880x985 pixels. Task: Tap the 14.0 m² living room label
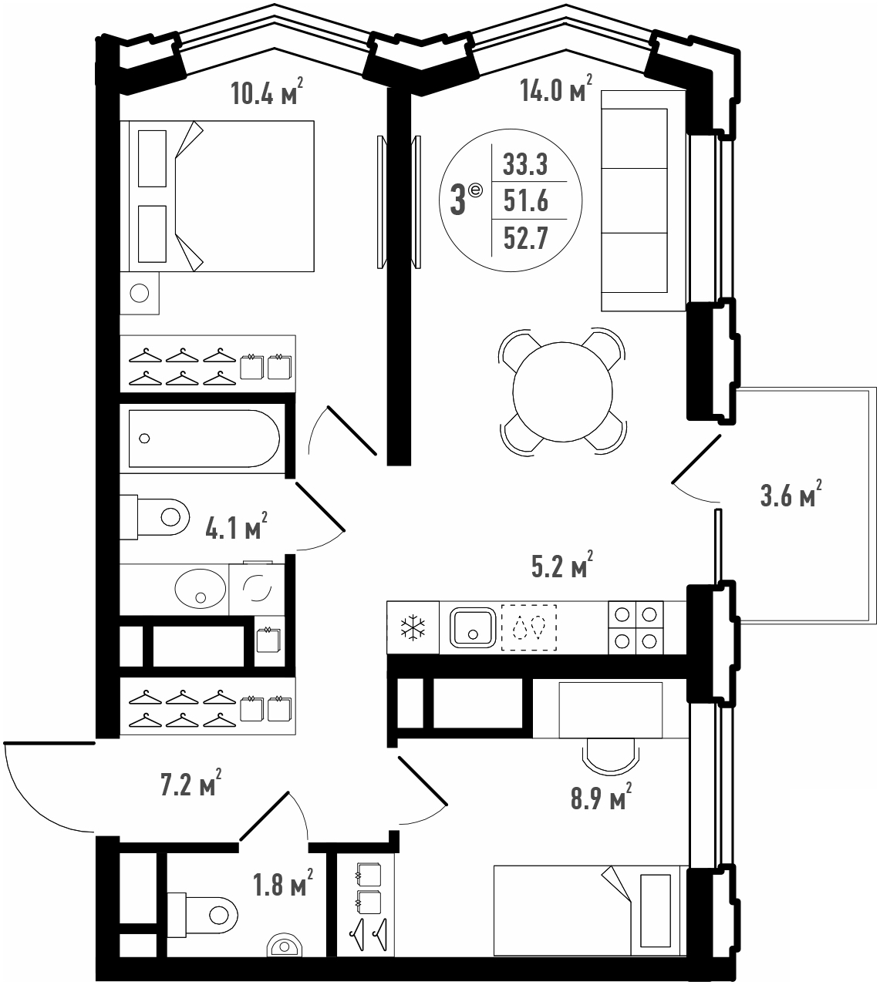click(x=556, y=89)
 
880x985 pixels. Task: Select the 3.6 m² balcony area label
click(x=791, y=493)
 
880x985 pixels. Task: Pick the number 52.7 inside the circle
click(x=526, y=238)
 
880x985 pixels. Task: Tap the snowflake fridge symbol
click(x=413, y=627)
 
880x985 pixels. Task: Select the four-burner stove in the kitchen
click(x=636, y=627)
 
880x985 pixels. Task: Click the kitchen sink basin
click(x=473, y=627)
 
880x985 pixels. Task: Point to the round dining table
click(x=562, y=392)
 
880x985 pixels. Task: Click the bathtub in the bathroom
click(x=204, y=439)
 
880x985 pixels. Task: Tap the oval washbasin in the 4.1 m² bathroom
click(x=201, y=588)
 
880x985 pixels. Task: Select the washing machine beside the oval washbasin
click(x=257, y=588)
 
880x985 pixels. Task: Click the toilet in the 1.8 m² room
click(x=202, y=916)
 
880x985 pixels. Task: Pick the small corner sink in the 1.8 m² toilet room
click(x=285, y=945)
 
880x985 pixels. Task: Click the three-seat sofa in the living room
click(x=643, y=201)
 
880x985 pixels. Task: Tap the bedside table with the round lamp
click(x=140, y=293)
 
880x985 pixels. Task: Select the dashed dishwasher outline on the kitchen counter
click(x=529, y=627)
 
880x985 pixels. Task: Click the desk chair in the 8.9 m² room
click(x=611, y=756)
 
